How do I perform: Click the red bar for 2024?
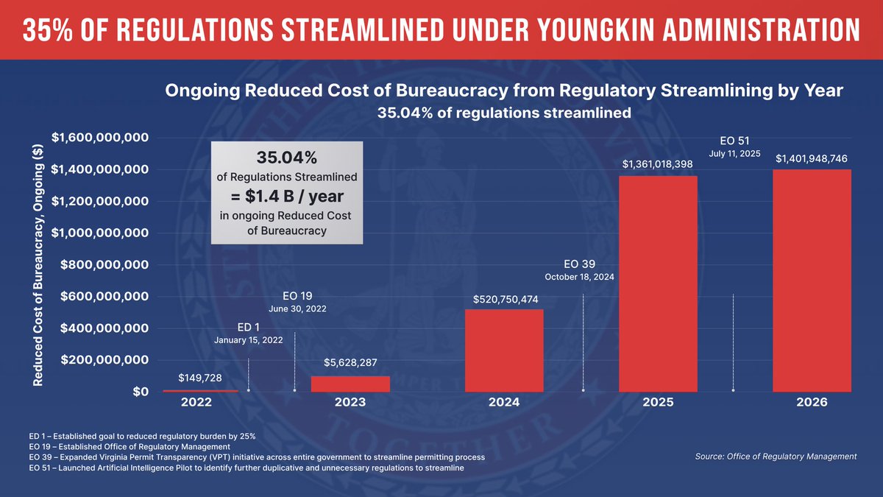pyautogui.click(x=504, y=350)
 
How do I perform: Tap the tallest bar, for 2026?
pyautogui.click(x=812, y=281)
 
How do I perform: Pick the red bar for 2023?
pyautogui.click(x=350, y=384)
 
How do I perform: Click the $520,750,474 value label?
pyautogui.click(x=504, y=300)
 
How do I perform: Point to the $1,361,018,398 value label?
pyautogui.click(x=658, y=164)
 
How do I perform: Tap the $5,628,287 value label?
pyautogui.click(x=350, y=363)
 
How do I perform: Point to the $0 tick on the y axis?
pyautogui.click(x=137, y=392)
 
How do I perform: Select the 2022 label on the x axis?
pyautogui.click(x=196, y=403)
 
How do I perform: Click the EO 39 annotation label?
pyautogui.click(x=579, y=264)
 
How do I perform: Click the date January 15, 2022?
pyautogui.click(x=249, y=341)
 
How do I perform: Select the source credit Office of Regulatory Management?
pyautogui.click(x=776, y=457)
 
